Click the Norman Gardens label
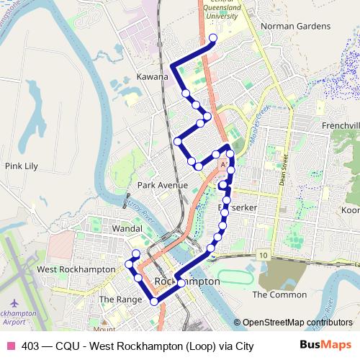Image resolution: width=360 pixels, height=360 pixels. pyautogui.click(x=295, y=27)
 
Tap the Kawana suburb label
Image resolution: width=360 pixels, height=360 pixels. pyautogui.click(x=152, y=76)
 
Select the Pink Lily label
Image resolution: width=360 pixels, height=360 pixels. pyautogui.click(x=21, y=166)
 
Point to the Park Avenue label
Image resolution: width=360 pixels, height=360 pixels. pyautogui.click(x=162, y=185)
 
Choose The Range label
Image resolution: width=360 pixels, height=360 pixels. pyautogui.click(x=117, y=299)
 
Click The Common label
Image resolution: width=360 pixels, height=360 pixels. pyautogui.click(x=269, y=294)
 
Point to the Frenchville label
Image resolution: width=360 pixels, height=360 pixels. pyautogui.click(x=341, y=126)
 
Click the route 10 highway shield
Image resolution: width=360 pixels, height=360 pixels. pyautogui.click(x=264, y=256)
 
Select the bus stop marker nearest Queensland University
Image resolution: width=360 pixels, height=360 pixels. pyautogui.click(x=212, y=39)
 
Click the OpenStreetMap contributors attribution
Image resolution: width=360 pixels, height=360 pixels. pyautogui.click(x=297, y=323)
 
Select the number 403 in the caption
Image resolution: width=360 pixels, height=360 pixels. pyautogui.click(x=31, y=346)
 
